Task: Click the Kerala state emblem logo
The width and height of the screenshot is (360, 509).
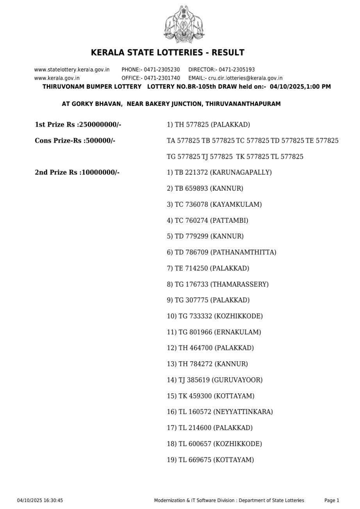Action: coord(180,25)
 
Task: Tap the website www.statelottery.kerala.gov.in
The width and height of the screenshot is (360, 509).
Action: coord(72,70)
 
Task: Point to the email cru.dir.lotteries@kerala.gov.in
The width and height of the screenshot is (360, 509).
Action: coord(245,78)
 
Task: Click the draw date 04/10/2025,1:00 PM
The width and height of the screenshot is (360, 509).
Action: coord(300,87)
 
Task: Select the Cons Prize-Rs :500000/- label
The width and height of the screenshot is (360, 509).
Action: coord(75,141)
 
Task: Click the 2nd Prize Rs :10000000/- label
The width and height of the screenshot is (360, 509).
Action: coord(77,172)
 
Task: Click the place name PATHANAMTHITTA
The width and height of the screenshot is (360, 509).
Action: coord(243,252)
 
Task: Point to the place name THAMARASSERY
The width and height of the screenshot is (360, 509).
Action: coord(239,284)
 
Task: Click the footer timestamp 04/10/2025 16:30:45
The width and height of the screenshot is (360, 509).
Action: coord(40,500)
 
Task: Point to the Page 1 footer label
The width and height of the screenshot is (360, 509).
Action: coord(331,500)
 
